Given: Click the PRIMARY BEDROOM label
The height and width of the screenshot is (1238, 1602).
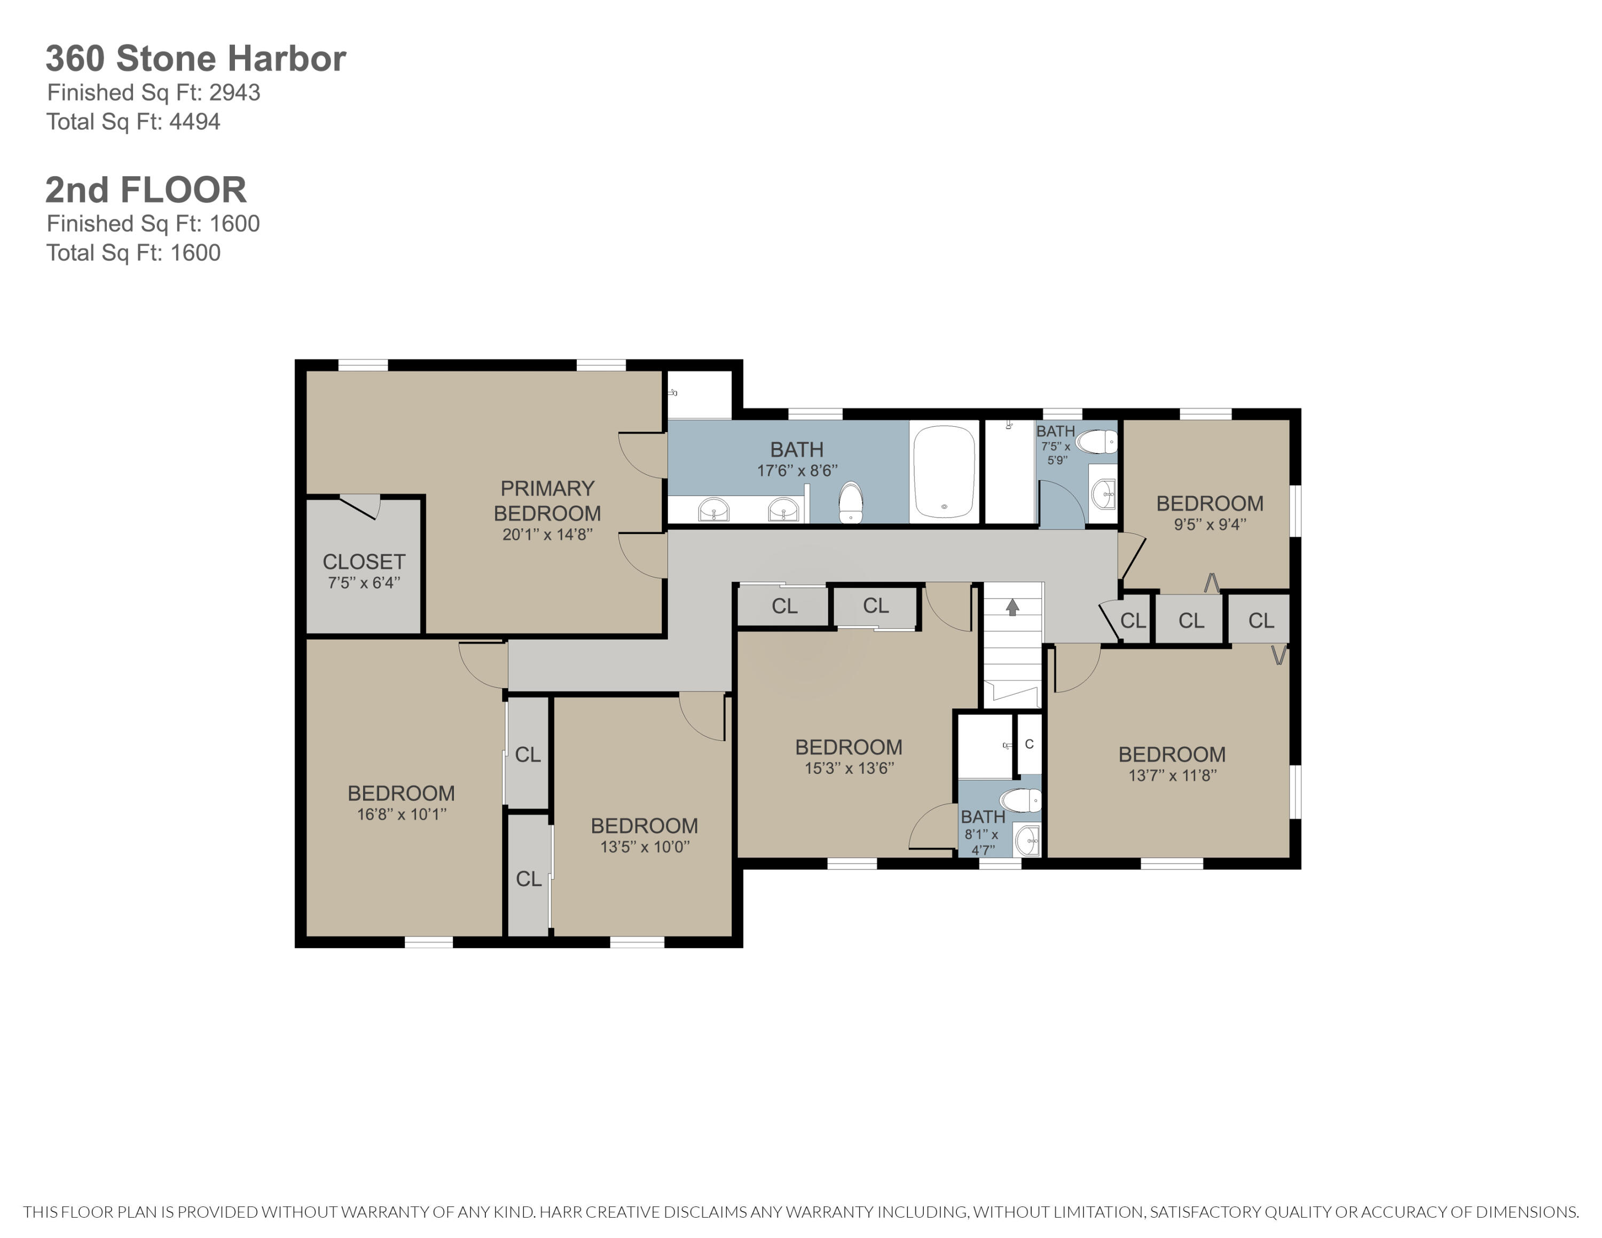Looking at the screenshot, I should [547, 501].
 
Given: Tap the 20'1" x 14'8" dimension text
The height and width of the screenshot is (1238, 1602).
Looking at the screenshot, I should [547, 535].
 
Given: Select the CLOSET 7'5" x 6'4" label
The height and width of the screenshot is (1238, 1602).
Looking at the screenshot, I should [364, 570].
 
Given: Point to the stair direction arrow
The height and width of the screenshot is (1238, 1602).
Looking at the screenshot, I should [1012, 607].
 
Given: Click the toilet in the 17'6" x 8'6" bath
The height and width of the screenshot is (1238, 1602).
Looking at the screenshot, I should [850, 503].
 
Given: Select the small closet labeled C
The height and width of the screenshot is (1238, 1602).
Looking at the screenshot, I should [1028, 743].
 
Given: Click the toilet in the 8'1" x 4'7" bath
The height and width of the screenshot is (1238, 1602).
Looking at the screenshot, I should [1022, 800].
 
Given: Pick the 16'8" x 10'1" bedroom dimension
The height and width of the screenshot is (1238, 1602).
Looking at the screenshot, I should [401, 814].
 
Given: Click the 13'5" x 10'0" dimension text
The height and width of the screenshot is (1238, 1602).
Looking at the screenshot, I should [645, 847].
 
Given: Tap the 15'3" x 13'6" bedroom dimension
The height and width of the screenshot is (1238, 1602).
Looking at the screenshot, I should [849, 769].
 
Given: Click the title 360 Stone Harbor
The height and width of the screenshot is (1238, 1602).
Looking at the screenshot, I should [196, 59].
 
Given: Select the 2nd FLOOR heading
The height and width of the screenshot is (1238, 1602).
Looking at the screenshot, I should [146, 190].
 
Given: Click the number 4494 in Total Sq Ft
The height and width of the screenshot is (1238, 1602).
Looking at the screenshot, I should [194, 122].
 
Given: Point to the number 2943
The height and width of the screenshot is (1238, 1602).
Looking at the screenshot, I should [235, 92].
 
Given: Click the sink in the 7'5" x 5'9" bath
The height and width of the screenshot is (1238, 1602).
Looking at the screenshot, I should [1103, 495].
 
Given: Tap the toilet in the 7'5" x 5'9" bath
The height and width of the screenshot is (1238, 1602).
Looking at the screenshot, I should [1097, 442].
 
